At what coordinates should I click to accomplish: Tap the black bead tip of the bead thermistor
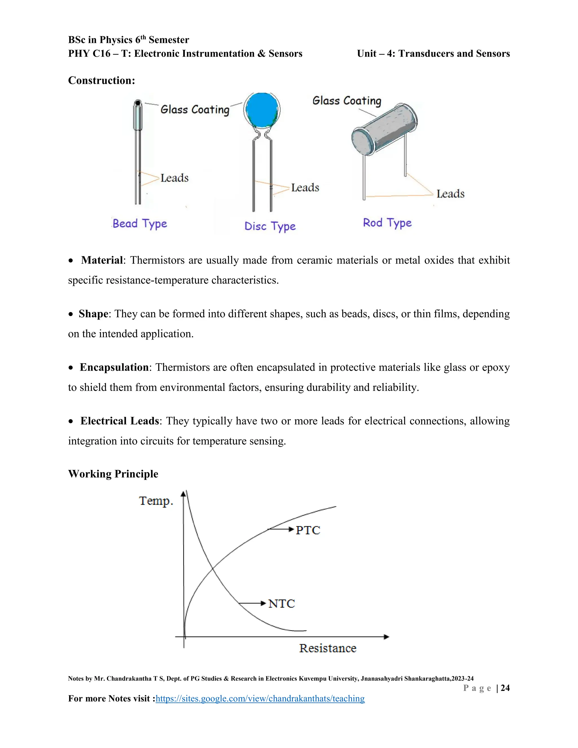[x=138, y=102]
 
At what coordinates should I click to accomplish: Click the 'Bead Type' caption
[x=140, y=224]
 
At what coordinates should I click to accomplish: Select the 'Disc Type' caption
[x=270, y=226]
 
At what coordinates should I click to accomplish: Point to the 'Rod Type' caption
[x=387, y=223]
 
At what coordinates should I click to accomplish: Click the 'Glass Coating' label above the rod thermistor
[x=347, y=101]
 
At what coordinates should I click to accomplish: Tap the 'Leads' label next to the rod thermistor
[x=450, y=194]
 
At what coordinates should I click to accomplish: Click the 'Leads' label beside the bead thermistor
[x=174, y=178]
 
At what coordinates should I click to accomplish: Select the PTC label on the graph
[x=308, y=530]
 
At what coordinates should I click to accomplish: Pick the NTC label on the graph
[x=281, y=603]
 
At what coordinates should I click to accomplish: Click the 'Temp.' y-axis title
[x=156, y=501]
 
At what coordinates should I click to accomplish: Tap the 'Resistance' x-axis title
[x=328, y=648]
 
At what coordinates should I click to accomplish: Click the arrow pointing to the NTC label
[x=252, y=603]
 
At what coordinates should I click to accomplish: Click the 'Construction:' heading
[x=101, y=80]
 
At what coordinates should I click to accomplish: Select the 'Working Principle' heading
[x=113, y=474]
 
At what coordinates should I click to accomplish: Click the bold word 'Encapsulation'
[x=114, y=368]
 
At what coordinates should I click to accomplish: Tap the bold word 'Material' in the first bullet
[x=102, y=260]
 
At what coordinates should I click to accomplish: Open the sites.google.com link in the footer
[x=260, y=698]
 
